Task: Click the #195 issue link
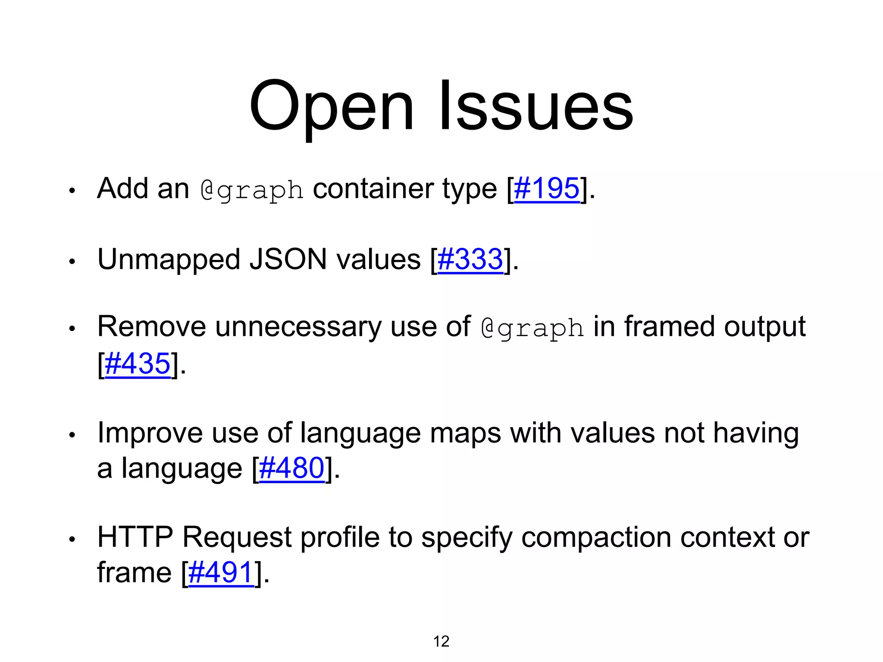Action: [x=547, y=188]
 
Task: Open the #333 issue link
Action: [x=470, y=259]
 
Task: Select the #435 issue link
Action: [x=138, y=363]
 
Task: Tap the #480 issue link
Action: [x=291, y=468]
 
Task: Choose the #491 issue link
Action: [x=221, y=572]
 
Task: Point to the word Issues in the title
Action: [x=536, y=106]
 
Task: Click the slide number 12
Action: [x=441, y=641]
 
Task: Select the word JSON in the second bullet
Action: [x=288, y=259]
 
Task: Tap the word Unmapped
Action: [x=169, y=260]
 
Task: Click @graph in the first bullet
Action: [x=252, y=190]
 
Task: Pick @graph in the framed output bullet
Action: [x=532, y=328]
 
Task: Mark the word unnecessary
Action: [x=298, y=327]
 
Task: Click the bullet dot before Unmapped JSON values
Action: [x=72, y=261]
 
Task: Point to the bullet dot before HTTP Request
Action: [x=72, y=539]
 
